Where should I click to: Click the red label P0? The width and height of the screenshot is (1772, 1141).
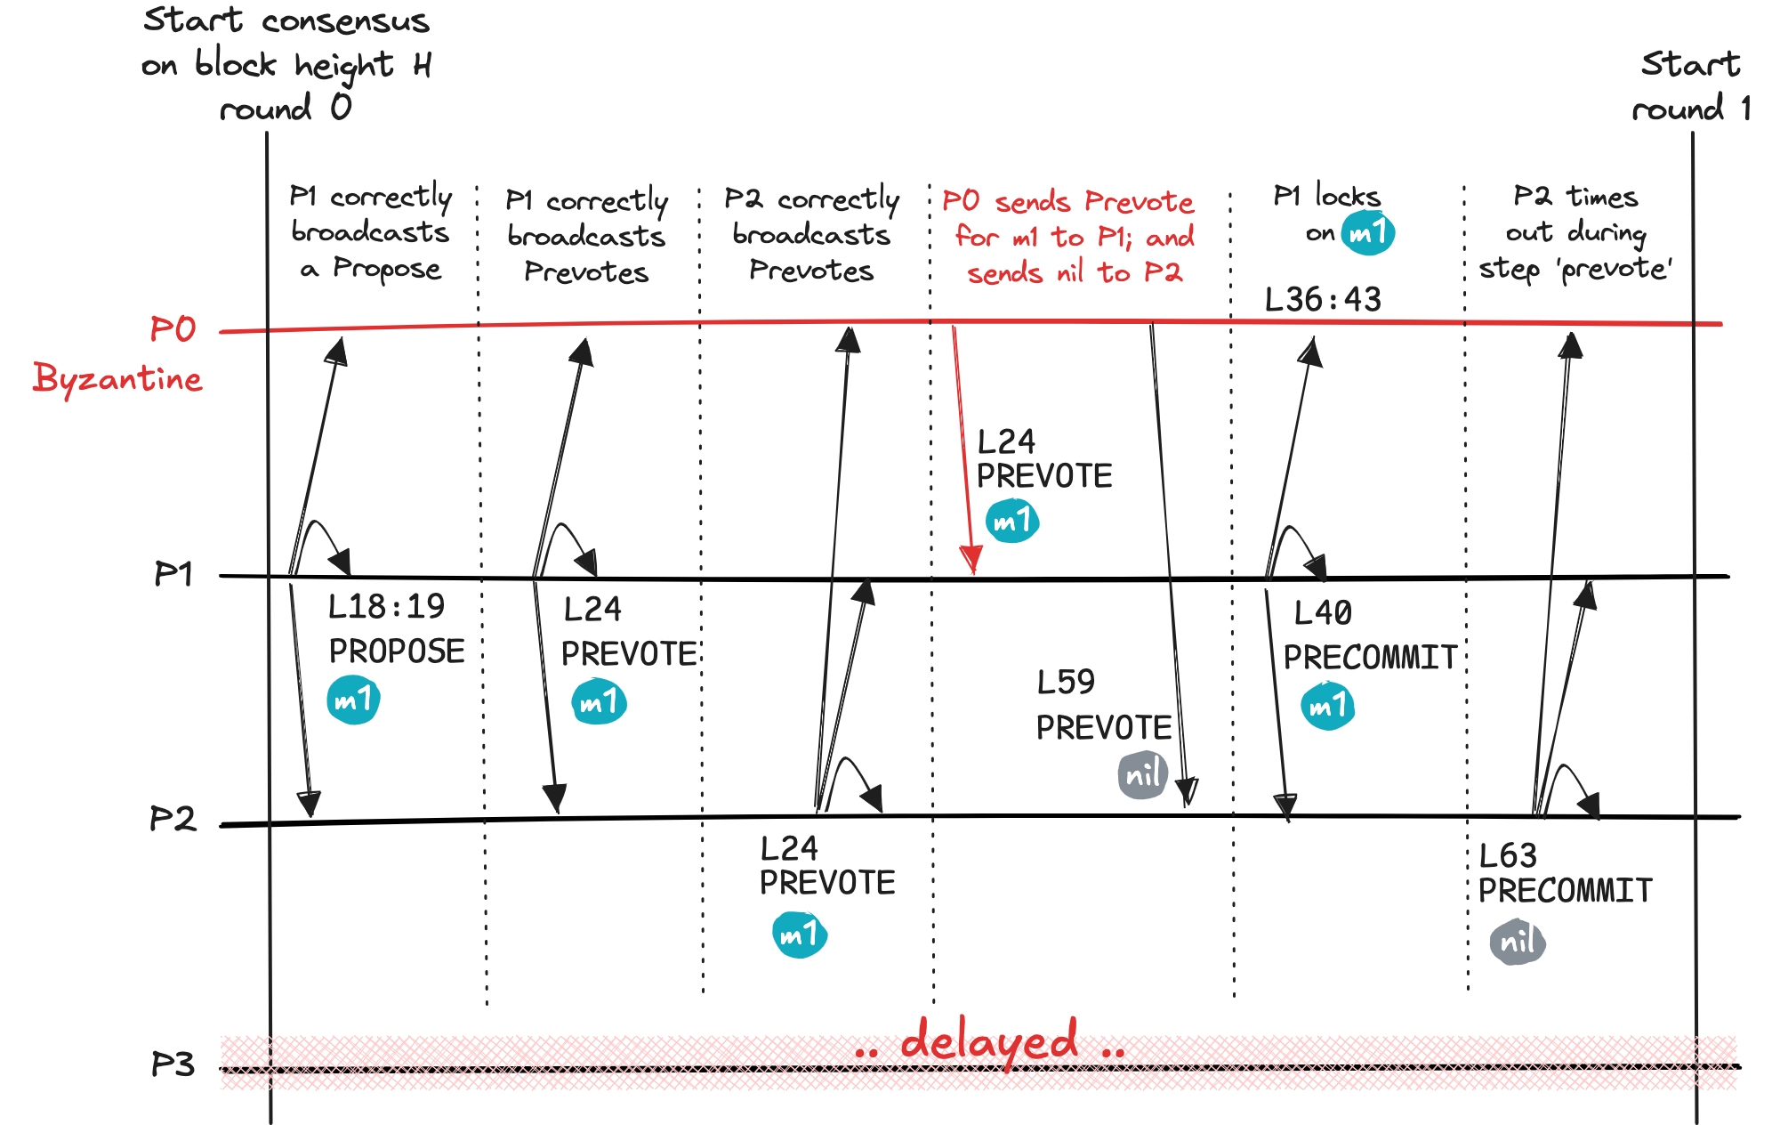(x=173, y=330)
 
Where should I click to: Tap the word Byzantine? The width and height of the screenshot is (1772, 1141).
(x=117, y=379)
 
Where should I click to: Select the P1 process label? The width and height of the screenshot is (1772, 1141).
(x=173, y=574)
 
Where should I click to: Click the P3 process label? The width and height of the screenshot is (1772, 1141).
(x=173, y=1064)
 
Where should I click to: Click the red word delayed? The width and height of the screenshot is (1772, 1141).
(x=989, y=1041)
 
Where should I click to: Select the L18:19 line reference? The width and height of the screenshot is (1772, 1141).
(x=386, y=607)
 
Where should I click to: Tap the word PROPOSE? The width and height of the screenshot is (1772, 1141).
(x=397, y=651)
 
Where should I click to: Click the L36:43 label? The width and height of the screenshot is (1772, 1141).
(x=1323, y=300)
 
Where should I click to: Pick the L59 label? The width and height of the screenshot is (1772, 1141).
(x=1066, y=683)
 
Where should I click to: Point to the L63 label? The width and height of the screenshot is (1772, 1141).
(x=1508, y=856)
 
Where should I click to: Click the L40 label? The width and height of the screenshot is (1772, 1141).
(x=1323, y=613)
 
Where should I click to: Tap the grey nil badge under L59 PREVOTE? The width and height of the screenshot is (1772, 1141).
(x=1143, y=774)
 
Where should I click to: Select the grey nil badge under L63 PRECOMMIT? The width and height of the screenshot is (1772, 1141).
(x=1518, y=942)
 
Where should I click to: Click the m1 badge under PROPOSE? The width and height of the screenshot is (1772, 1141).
(x=354, y=700)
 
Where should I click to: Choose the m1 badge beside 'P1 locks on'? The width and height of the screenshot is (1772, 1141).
(x=1367, y=234)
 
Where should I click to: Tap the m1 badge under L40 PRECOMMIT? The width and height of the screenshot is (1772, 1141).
(x=1328, y=706)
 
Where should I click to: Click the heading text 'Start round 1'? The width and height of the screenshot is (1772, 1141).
(x=1691, y=87)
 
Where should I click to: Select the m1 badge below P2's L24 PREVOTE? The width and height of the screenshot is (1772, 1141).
(x=800, y=935)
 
